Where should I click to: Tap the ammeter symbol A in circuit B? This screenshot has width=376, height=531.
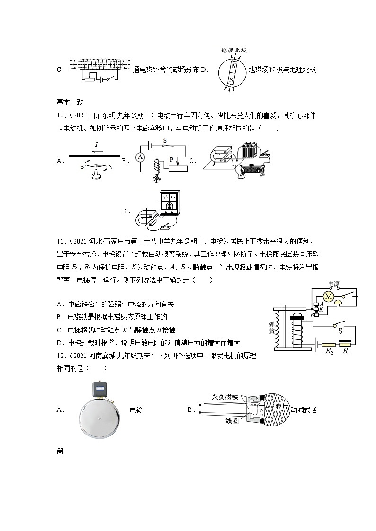[x=140, y=157]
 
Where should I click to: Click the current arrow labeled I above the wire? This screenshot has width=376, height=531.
[x=97, y=145]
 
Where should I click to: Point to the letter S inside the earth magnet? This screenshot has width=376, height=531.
[x=231, y=80]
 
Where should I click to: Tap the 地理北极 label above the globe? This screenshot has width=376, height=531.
[x=234, y=50]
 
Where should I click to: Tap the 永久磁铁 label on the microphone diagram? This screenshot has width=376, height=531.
[x=225, y=399]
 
